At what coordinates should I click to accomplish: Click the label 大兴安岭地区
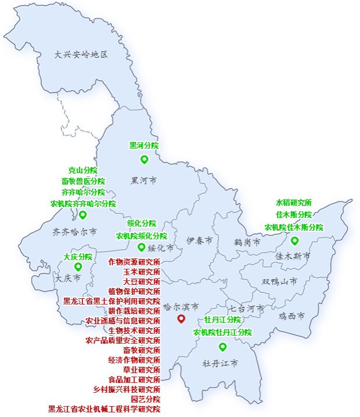[x=81, y=55]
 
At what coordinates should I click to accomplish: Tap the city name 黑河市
[x=144, y=181]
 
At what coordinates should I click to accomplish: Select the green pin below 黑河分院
[x=144, y=160]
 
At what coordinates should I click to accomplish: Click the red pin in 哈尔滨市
[x=181, y=319]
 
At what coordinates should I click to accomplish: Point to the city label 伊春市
[x=200, y=240]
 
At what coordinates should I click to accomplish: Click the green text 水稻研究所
[x=294, y=203]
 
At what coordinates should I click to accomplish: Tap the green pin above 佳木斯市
[x=295, y=241]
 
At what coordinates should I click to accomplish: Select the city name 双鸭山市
[x=279, y=281]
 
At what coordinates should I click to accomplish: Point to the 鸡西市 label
[x=292, y=316]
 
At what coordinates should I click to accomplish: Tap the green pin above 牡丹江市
[x=222, y=347]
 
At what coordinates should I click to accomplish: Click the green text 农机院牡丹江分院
[x=222, y=333]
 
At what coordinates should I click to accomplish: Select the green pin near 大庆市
[x=78, y=266]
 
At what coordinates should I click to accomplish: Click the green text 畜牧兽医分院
[x=83, y=181]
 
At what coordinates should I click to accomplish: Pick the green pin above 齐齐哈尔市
[x=82, y=215]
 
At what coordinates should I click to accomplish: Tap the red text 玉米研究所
[x=141, y=272]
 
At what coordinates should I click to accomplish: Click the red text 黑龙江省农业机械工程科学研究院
[x=104, y=409]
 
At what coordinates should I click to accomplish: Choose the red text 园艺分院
[x=145, y=399]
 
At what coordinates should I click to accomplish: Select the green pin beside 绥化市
[x=141, y=247]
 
